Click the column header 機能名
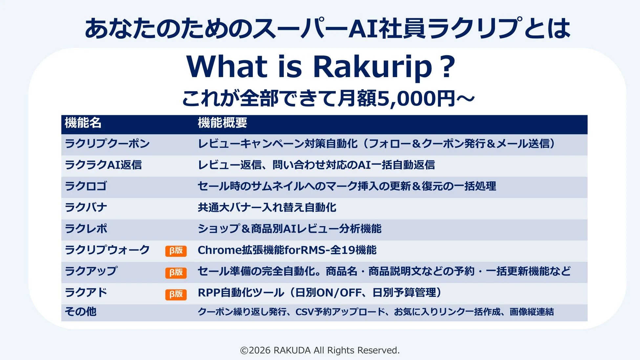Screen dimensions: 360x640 point(83,123)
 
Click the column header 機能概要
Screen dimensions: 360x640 point(222,123)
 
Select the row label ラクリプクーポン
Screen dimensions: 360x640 point(107,144)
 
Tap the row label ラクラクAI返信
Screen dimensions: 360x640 point(103,165)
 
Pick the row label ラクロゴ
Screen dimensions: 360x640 point(86,186)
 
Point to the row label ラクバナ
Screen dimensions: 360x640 point(86,207)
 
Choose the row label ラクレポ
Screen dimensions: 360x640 point(86,229)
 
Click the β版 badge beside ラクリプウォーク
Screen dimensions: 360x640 point(176,251)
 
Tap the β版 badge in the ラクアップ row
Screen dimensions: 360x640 point(176,272)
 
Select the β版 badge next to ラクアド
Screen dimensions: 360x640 point(176,294)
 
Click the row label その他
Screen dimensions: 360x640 point(80,311)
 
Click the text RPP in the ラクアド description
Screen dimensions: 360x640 point(209,293)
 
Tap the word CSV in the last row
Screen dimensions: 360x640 point(304,312)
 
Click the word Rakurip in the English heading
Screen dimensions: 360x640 point(372,67)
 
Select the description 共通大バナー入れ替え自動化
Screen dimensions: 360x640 point(267,207)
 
